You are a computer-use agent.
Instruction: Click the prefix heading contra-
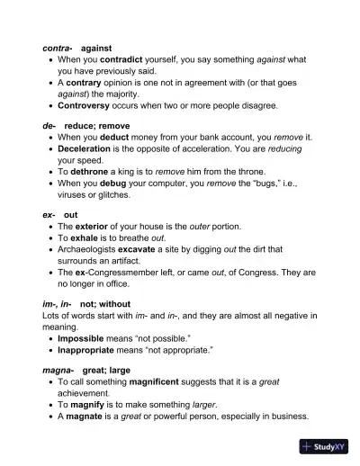click(58, 47)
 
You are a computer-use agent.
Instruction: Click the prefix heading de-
click(49, 127)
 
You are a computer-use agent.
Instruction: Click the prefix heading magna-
click(58, 370)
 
